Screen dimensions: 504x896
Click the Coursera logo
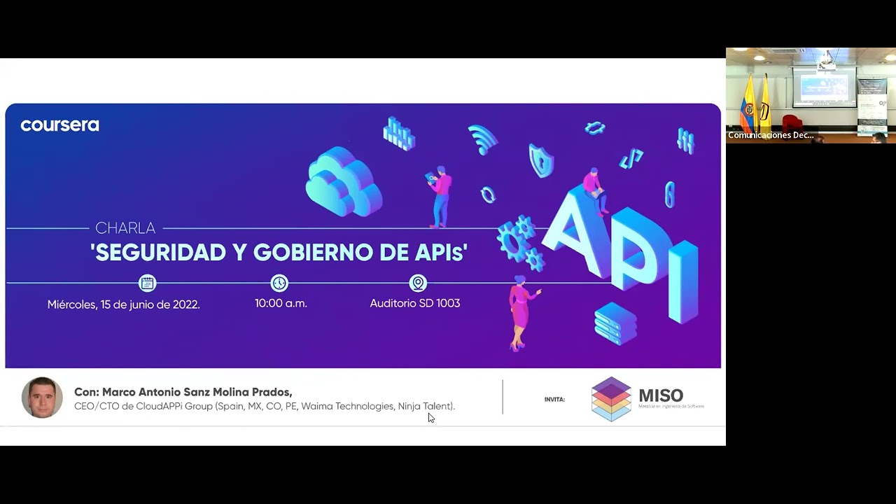click(59, 125)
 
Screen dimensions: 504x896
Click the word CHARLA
click(125, 228)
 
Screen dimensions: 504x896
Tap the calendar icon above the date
click(147, 283)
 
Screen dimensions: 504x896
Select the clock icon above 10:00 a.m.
click(279, 283)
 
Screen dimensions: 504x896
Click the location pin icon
click(418, 283)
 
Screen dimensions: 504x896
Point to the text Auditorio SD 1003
click(414, 303)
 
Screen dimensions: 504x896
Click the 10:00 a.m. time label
click(281, 303)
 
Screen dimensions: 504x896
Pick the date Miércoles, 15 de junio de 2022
click(123, 304)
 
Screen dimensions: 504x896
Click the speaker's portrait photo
click(42, 398)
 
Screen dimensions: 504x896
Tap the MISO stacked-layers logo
click(611, 399)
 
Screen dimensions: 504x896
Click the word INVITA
click(554, 400)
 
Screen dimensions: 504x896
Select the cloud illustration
click(344, 181)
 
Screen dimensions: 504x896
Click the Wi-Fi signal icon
click(482, 139)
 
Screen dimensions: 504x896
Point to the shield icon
click(540, 160)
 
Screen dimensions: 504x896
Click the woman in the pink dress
click(520, 311)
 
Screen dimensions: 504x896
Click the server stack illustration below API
click(615, 323)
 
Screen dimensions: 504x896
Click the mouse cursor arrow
click(430, 418)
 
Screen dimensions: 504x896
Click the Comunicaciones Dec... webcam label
click(771, 135)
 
